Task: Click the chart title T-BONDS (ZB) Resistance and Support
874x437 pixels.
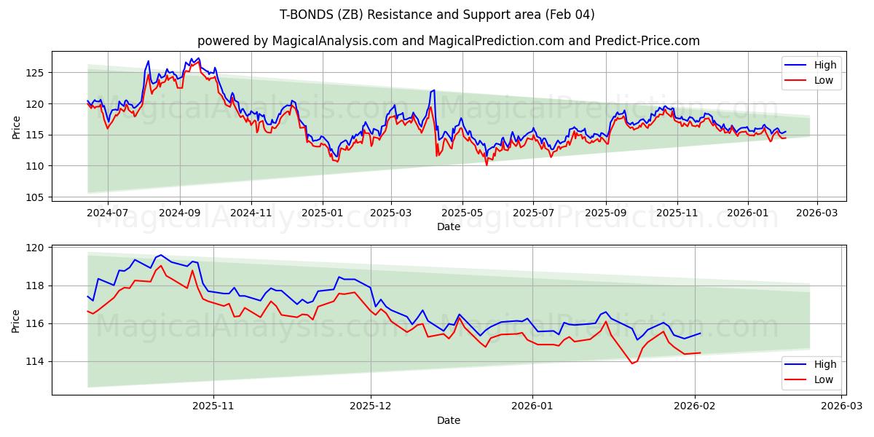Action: point(437,15)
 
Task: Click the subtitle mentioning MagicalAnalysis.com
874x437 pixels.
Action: point(448,41)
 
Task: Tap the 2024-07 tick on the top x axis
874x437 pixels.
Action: point(107,213)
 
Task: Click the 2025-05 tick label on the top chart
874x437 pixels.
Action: point(462,213)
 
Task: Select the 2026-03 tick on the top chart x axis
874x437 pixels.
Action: point(816,213)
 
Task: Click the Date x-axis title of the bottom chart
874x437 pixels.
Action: point(449,420)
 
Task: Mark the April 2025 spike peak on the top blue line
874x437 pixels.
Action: point(434,90)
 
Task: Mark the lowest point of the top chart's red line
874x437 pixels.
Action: point(487,165)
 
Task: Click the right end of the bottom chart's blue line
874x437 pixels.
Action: point(700,333)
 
